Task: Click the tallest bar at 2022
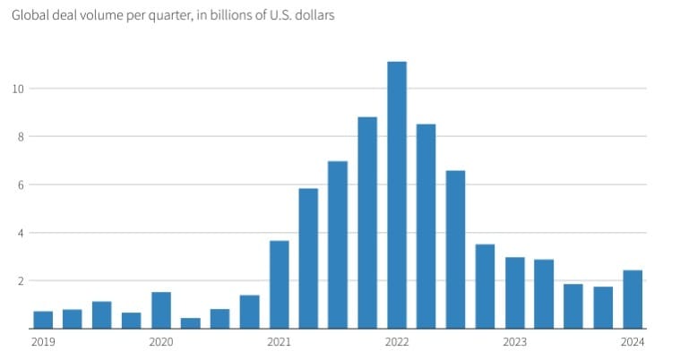click(x=396, y=195)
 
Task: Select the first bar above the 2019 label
click(x=43, y=320)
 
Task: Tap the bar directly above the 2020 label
click(x=161, y=310)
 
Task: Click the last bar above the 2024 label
click(x=633, y=299)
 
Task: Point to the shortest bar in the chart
click(x=190, y=323)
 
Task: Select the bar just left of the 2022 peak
click(x=367, y=223)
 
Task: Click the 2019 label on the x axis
click(x=43, y=341)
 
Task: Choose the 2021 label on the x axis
click(x=279, y=341)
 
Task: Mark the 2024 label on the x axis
click(x=633, y=341)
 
